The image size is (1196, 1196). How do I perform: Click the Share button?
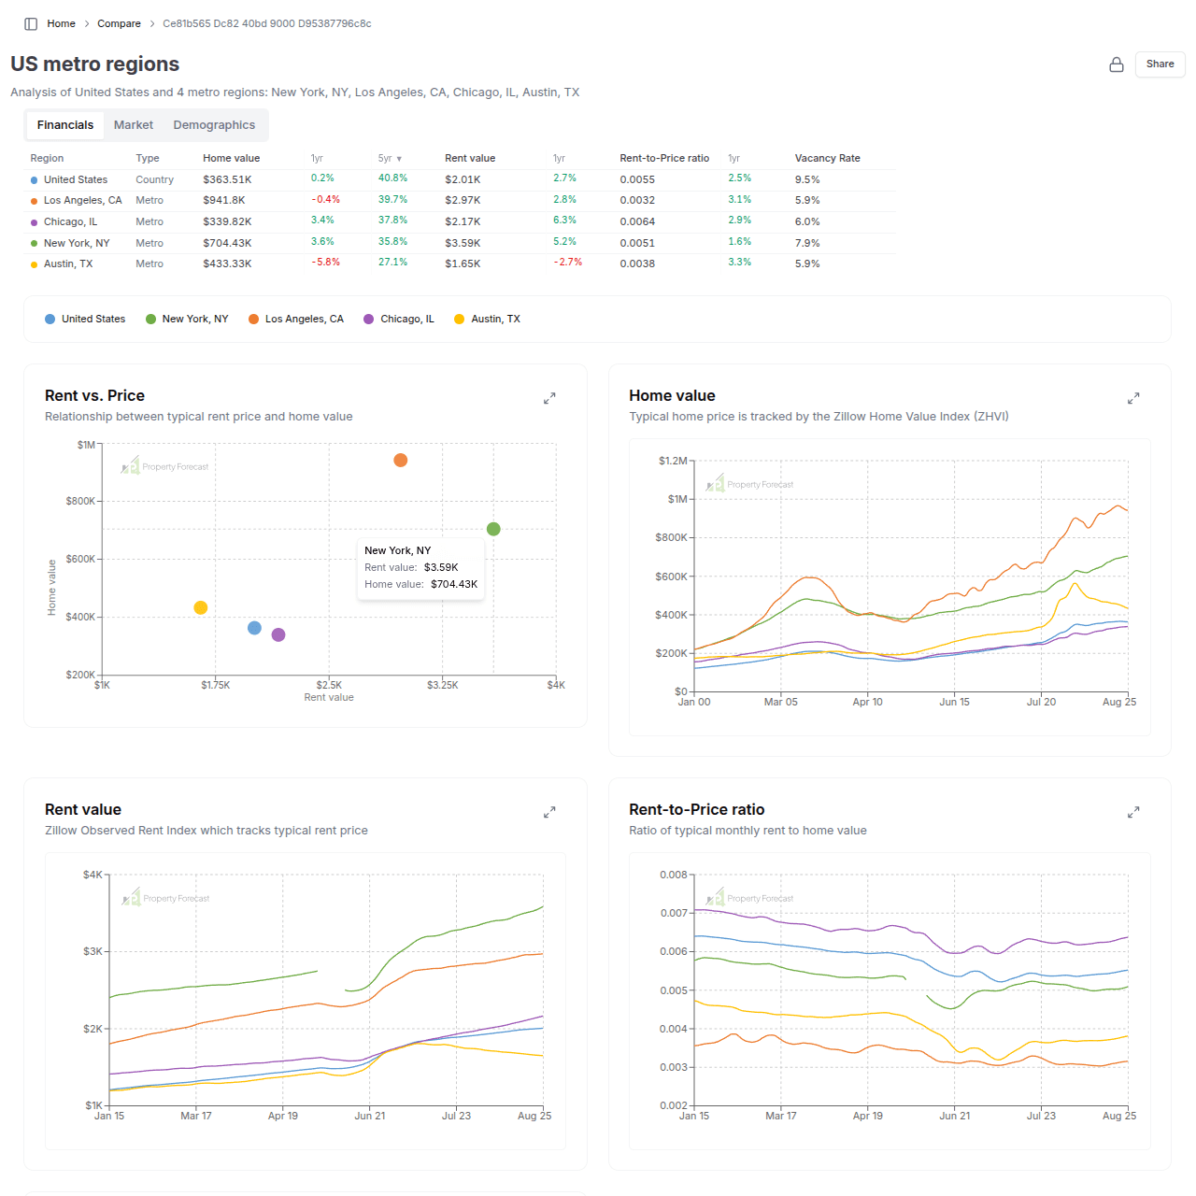[x=1160, y=64]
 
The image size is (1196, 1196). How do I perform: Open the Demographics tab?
[x=214, y=125]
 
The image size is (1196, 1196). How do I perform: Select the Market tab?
[x=134, y=125]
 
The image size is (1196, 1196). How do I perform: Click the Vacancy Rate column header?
[x=827, y=159]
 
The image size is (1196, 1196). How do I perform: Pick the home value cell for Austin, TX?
[x=227, y=264]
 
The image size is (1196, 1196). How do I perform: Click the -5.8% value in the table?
[x=325, y=263]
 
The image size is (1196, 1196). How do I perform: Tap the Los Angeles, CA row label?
[x=82, y=201]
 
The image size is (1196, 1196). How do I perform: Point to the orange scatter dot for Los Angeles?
[x=401, y=461]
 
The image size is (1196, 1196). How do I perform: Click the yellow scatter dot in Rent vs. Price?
[x=200, y=608]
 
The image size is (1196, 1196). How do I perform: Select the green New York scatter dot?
[x=493, y=530]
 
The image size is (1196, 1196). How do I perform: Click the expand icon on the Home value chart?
[x=1133, y=399]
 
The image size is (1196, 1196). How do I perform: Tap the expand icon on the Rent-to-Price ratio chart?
[x=1133, y=813]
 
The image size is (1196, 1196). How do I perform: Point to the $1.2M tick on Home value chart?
[x=672, y=461]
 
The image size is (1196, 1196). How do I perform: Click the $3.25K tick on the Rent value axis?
[x=443, y=686]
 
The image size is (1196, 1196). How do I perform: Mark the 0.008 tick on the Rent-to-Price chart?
[x=673, y=876]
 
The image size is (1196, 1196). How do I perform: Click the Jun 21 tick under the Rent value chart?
[x=370, y=1116]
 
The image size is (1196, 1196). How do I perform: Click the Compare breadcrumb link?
[x=119, y=24]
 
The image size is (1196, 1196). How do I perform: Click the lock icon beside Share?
[x=1117, y=64]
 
